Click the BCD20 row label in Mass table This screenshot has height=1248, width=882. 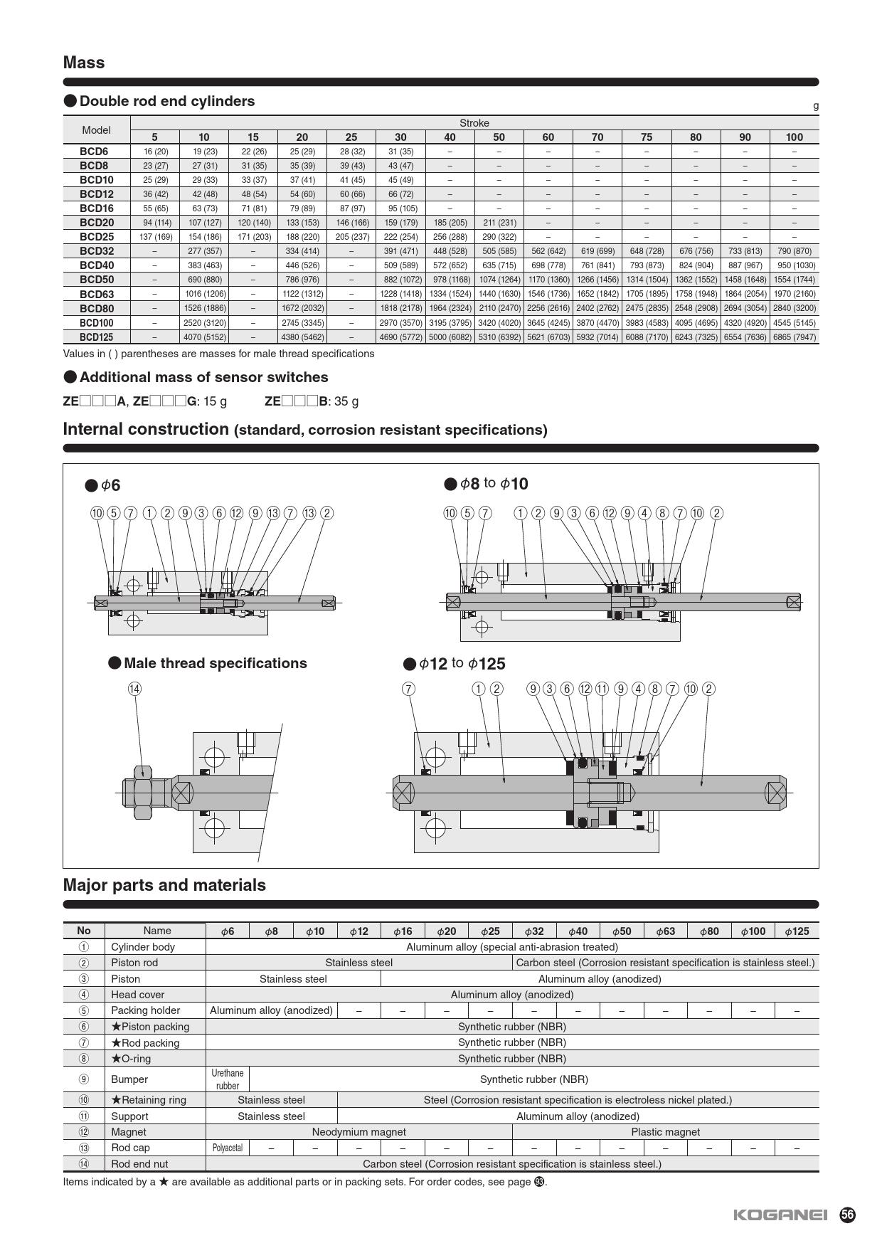pos(97,223)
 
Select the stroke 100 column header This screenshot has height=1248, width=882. pos(794,137)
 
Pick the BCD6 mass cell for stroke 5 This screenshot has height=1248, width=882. pos(155,152)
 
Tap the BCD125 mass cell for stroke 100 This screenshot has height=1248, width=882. pos(794,337)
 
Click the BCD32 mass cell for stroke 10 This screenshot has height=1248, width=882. pos(204,251)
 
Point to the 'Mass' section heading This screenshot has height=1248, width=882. pos(84,63)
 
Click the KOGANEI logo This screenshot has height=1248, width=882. pos(780,1215)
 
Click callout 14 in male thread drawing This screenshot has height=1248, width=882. pos(134,689)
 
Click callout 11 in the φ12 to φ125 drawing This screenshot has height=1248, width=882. pos(602,689)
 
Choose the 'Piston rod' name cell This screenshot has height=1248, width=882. pos(134,963)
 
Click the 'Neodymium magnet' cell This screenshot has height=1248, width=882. pos(358,1132)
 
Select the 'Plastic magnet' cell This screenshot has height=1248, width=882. pos(665,1132)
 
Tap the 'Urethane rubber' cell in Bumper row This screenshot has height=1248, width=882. pos(228,1079)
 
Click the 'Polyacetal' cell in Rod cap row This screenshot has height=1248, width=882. pos(228,1148)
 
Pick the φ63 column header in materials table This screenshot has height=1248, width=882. pos(665,931)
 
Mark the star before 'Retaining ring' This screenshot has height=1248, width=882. pos(116,1100)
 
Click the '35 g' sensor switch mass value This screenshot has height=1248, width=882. pos(346,401)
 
